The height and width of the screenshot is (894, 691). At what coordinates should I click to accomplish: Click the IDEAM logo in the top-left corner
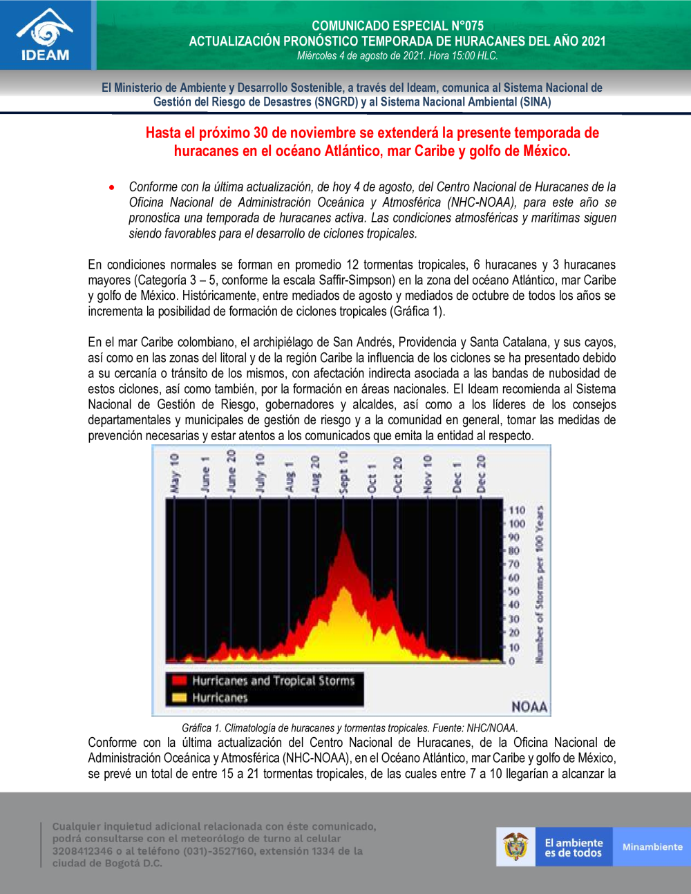click(x=46, y=35)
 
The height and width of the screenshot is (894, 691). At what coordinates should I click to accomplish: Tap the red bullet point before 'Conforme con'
click(x=111, y=187)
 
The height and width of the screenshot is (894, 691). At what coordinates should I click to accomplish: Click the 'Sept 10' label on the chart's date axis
click(x=343, y=473)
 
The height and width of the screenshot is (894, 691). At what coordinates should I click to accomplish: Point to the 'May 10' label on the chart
click(x=174, y=473)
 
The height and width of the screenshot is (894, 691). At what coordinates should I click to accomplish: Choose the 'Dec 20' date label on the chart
click(x=481, y=473)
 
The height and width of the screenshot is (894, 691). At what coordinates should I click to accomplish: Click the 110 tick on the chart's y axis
click(x=516, y=510)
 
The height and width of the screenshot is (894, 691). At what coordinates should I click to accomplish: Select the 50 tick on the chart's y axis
click(x=513, y=591)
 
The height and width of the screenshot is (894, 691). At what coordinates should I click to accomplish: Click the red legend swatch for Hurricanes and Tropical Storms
click(x=179, y=681)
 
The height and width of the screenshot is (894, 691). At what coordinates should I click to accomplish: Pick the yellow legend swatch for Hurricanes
click(x=179, y=698)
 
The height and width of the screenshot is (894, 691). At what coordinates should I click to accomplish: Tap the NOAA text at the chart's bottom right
click(x=529, y=706)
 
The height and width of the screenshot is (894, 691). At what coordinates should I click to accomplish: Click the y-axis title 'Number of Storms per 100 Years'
click(x=539, y=584)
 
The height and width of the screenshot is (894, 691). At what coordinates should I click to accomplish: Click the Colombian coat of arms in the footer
click(x=515, y=846)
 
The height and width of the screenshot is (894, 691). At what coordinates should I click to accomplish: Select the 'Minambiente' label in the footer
click(x=652, y=847)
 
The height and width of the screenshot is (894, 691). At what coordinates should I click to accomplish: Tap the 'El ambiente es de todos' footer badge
click(x=574, y=847)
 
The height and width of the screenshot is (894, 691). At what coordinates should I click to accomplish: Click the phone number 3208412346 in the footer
click(x=82, y=851)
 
